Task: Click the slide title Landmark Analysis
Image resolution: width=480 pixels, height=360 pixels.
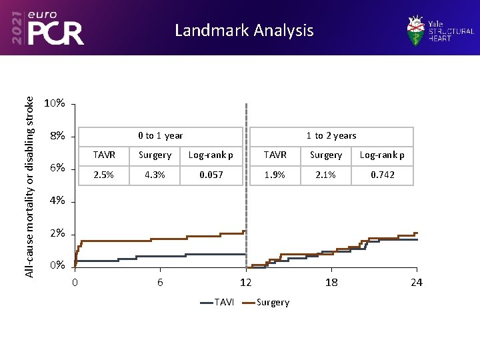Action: pos(243,31)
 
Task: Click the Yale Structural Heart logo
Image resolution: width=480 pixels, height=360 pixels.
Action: pos(440,30)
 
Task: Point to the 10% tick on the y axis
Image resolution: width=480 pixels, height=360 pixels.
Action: pos(54,103)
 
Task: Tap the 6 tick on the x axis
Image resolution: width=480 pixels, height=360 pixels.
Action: pos(160,283)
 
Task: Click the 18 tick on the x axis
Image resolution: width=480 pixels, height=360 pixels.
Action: pos(331,283)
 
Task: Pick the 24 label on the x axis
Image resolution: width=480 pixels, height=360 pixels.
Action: pos(416,283)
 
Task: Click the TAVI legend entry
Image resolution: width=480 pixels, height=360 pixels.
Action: pos(217,302)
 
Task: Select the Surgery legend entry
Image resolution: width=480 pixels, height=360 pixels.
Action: pos(266,302)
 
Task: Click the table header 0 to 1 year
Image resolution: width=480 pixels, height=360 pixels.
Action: pos(160,135)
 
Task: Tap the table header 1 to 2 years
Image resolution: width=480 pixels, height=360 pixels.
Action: pos(331,135)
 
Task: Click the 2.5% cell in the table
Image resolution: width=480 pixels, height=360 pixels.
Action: pos(104,175)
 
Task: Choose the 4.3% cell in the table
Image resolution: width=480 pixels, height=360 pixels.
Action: pos(155,175)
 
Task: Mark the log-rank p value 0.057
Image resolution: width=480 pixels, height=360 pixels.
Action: pos(211,175)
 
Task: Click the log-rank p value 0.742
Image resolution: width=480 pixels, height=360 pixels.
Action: pos(382,175)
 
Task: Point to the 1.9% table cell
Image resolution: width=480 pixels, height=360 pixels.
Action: pos(275,175)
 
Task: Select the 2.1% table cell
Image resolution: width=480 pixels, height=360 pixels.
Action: pos(326,175)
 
